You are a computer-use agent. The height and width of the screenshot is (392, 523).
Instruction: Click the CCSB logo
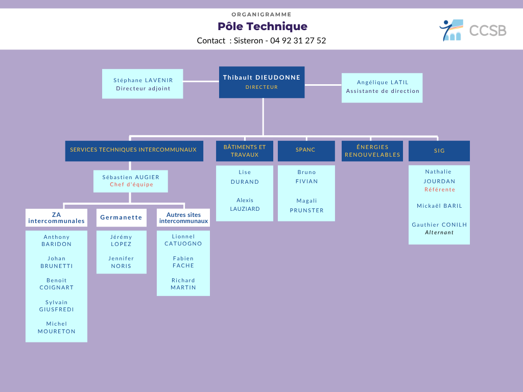coord(472,30)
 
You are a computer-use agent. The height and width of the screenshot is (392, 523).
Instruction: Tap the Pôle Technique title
coord(262,27)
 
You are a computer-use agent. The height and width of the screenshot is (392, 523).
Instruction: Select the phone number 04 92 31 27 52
coord(298,41)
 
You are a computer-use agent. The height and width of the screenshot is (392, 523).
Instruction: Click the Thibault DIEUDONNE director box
coord(261,82)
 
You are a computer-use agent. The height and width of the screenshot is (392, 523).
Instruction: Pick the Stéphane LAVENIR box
coord(142,84)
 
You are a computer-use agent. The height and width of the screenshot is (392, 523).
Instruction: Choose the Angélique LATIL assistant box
coord(382,87)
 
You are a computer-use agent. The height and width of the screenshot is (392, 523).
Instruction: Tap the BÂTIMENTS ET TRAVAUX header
coord(244,151)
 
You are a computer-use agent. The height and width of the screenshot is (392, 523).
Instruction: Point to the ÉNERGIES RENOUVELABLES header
coord(372,151)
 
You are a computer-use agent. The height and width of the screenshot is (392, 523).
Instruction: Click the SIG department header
coord(439,151)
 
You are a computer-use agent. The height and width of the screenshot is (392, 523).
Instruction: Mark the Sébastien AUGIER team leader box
coord(131,181)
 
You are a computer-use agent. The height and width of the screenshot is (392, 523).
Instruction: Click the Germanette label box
coord(121,217)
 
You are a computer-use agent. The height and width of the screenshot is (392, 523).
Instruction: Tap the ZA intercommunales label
coord(56,218)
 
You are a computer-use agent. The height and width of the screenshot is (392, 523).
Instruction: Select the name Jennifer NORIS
coord(121,262)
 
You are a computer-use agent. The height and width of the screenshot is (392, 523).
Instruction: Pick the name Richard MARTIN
coord(183,284)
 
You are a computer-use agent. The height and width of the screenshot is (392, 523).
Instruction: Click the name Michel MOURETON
coord(56,328)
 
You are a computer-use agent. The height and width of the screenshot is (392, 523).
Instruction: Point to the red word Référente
coord(439,190)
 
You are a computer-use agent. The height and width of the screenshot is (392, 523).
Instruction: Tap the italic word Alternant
coord(439,233)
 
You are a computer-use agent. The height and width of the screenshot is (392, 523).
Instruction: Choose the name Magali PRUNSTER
coord(306,206)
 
